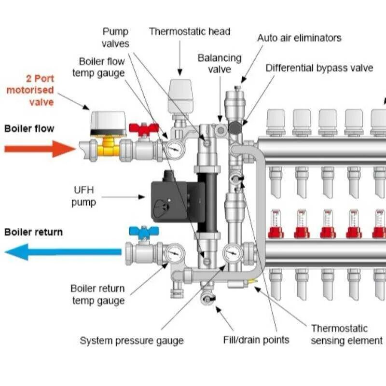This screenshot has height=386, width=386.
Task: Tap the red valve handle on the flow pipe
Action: pyautogui.click(x=144, y=129)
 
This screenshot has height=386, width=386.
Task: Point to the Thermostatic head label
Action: pyautogui.click(x=190, y=32)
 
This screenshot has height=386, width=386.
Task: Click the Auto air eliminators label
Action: pyautogui.click(x=299, y=38)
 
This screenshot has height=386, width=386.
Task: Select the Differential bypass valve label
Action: pyautogui.click(x=319, y=68)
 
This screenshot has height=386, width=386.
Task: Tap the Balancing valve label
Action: pyautogui.click(x=220, y=64)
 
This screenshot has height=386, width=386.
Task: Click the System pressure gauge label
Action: pyautogui.click(x=132, y=341)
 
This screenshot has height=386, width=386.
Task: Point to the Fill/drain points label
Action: pyautogui.click(x=256, y=340)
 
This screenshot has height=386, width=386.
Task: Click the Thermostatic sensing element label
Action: pyautogui.click(x=346, y=334)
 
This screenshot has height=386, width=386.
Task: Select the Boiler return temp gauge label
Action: pyautogui.click(x=98, y=294)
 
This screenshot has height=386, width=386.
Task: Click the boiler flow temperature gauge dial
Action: pyautogui.click(x=175, y=149)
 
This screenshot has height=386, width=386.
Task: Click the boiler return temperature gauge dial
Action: pyautogui.click(x=174, y=252)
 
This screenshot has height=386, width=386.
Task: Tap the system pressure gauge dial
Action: pyautogui.click(x=233, y=252)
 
